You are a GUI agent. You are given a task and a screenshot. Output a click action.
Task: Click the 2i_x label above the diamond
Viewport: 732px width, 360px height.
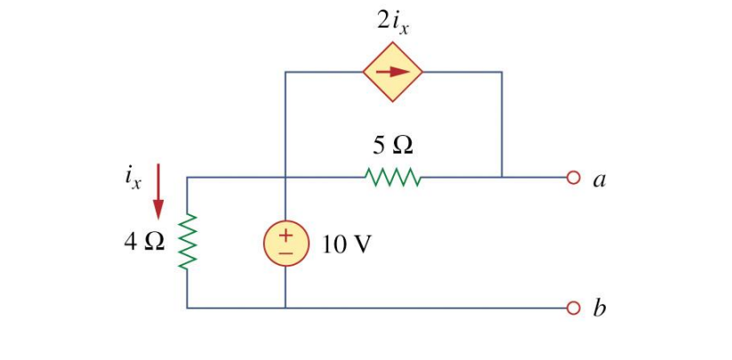(392, 24)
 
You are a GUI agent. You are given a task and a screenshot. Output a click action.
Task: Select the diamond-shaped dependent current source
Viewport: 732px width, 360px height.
(392, 71)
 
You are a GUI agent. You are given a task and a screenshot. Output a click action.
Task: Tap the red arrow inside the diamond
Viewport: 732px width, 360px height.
(392, 71)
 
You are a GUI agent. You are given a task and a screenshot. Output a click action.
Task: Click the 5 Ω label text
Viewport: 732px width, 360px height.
(392, 144)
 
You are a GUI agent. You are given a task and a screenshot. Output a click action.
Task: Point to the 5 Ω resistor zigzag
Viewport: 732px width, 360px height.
(392, 178)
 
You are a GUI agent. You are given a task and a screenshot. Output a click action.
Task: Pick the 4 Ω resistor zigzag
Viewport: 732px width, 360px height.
(188, 243)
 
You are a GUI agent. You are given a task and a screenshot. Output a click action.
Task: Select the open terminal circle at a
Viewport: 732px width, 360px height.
(573, 178)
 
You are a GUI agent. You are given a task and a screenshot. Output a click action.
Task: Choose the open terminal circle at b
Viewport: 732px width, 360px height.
(573, 308)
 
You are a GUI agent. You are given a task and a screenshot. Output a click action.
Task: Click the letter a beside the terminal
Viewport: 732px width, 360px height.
(600, 180)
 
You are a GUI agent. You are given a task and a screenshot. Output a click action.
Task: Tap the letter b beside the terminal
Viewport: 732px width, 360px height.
(600, 309)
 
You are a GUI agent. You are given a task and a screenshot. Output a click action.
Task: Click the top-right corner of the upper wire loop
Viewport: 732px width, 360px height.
(502, 71)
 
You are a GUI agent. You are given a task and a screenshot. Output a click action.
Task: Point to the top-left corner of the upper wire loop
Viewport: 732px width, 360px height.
(286, 71)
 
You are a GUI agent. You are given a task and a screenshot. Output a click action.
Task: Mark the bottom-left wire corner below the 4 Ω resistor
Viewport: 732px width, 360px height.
(188, 308)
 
